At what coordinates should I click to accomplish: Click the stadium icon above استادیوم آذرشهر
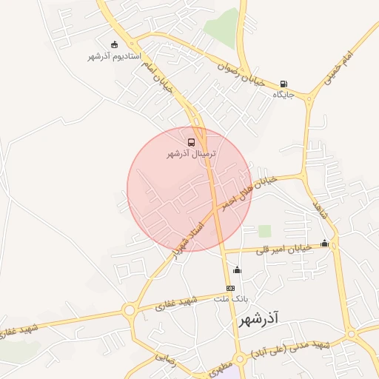coord(113,44)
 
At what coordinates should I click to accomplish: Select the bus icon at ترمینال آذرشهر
coord(192,141)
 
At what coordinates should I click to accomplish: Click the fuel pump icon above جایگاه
coord(284,84)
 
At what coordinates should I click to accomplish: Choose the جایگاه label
coord(284,95)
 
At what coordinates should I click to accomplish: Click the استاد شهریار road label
coord(186,240)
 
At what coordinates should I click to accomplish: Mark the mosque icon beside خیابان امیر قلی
coord(324,243)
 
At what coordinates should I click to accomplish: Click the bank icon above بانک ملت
coord(231,287)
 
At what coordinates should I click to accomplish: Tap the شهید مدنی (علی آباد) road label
coord(289,349)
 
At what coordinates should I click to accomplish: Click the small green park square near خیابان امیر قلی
coord(264,231)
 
